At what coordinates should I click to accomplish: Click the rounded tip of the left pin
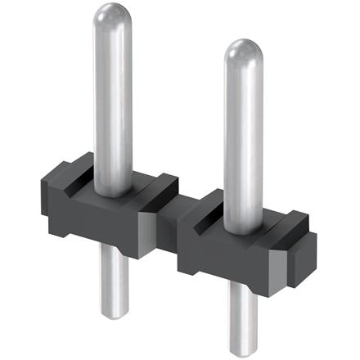click(114, 16)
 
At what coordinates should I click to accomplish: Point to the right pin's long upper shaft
click(243, 131)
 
